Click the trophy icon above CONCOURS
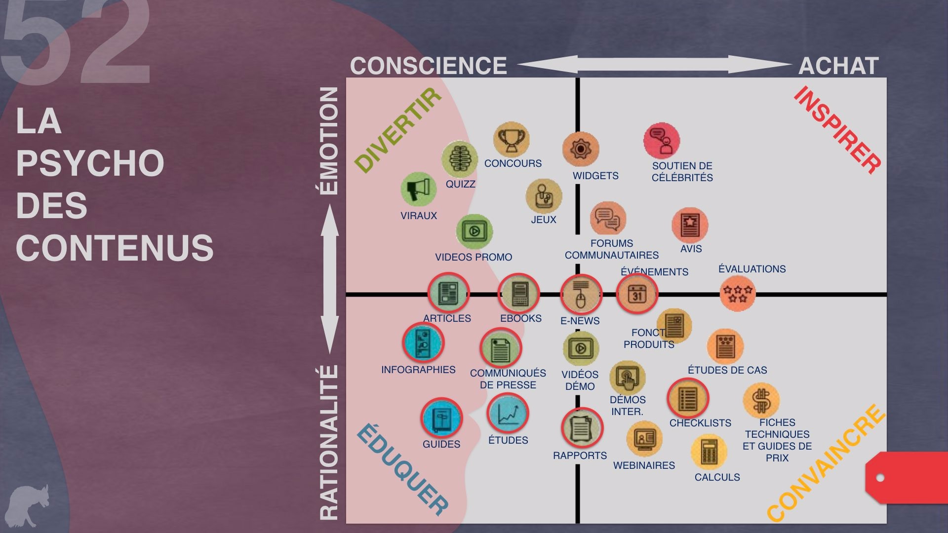point(511,140)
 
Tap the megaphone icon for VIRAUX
point(419,190)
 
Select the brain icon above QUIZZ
point(460,159)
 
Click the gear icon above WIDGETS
point(581,149)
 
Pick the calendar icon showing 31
point(637,294)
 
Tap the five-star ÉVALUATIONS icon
point(738,294)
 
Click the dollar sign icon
point(761,400)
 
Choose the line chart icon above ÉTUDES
point(508,414)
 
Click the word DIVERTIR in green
point(398,130)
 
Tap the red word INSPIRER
point(838,130)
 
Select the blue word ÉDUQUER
point(402,469)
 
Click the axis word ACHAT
point(838,66)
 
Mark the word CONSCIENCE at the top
point(429,66)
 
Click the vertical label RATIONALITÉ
point(329,442)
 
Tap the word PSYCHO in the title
point(90,163)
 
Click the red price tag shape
point(907,477)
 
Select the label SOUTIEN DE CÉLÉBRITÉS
point(682,172)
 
